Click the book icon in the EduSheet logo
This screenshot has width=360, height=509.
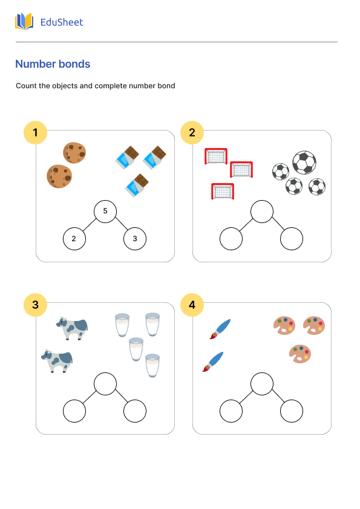[24, 22]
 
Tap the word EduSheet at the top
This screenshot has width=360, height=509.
[61, 22]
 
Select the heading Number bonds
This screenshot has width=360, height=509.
[53, 64]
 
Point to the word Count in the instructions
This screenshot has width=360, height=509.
[26, 86]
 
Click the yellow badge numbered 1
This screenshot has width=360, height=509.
[35, 133]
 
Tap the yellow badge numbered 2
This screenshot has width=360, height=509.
[192, 133]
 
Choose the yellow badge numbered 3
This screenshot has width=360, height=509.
[35, 305]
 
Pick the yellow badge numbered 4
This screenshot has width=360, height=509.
[192, 305]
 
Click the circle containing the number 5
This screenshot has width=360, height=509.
[105, 211]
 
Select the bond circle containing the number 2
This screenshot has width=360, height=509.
[74, 239]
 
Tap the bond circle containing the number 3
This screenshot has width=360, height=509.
[135, 239]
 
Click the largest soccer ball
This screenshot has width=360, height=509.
[304, 162]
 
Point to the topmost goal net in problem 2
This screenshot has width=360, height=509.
[216, 156]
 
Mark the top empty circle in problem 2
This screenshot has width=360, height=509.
[262, 211]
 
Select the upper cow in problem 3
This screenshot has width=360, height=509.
[73, 328]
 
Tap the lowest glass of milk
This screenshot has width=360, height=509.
[152, 366]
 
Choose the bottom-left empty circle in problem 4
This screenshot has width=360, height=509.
[231, 411]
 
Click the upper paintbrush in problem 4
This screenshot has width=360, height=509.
[220, 329]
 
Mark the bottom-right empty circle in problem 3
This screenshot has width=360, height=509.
[135, 411]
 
